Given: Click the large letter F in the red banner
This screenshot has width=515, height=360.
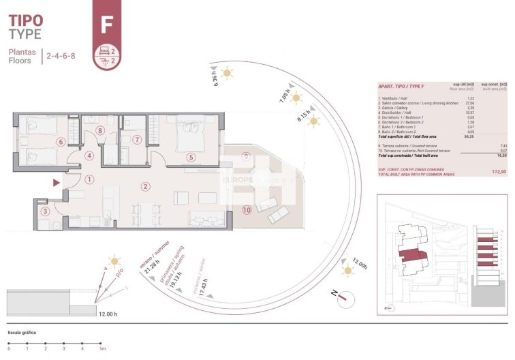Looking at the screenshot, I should tap(106, 25).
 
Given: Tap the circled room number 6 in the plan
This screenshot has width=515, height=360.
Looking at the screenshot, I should tap(61, 142).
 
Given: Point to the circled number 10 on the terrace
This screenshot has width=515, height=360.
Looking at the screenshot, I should tap(246, 209).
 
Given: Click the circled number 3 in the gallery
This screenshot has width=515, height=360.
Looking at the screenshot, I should tap(45, 211).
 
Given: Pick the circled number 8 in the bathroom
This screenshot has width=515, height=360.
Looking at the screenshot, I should tap(100, 131).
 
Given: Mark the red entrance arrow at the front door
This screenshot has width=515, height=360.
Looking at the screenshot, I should tap(55, 182).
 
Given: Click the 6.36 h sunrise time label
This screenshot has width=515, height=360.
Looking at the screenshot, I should tap(215, 79).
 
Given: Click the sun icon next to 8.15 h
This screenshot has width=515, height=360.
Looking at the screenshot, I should tap(314, 121).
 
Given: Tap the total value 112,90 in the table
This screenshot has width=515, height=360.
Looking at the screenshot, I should tap(499, 172).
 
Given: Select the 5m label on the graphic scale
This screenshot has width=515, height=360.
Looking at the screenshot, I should tap(102, 348).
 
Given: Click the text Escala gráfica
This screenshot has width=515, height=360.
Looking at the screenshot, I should tap(22, 333).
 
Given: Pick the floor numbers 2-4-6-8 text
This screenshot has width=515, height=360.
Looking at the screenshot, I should tap(61, 57).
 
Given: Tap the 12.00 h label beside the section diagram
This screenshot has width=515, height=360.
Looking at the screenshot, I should tap(106, 314).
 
